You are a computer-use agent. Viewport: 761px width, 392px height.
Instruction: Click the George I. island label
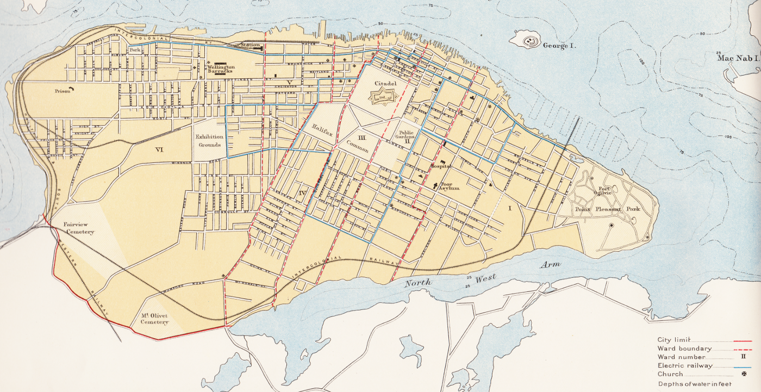point(559,46)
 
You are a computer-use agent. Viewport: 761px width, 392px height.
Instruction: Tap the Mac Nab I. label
point(738,58)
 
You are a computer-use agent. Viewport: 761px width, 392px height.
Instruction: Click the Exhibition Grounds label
point(209,141)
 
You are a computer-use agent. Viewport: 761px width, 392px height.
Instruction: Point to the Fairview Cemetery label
point(79,228)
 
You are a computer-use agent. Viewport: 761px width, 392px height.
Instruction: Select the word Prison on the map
point(63,91)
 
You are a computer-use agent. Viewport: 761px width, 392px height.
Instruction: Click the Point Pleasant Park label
point(607,209)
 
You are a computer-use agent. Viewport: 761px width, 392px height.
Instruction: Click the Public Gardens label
point(407,135)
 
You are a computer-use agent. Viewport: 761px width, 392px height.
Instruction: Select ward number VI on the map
point(159,150)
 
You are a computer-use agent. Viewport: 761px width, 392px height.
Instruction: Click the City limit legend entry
point(674,340)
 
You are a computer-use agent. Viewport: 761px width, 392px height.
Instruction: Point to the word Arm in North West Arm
point(553,264)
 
